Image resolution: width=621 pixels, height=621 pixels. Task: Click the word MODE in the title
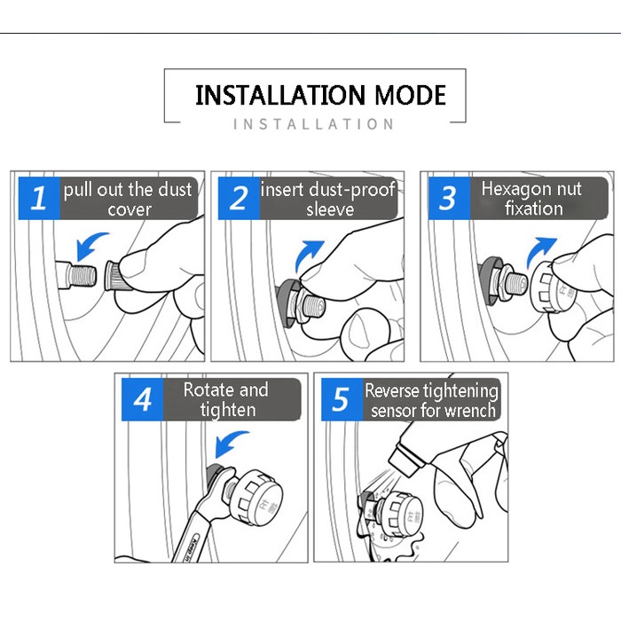pos(410,95)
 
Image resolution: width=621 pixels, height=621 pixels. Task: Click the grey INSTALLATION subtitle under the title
pos(313,124)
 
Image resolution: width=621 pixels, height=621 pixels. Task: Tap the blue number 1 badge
pos(39,198)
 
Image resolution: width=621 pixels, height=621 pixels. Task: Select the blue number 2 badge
pos(239,198)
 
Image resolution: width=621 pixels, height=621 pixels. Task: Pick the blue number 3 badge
pos(449,198)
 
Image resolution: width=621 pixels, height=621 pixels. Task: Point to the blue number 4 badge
pos(142,399)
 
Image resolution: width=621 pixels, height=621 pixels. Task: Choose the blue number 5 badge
pos(342,399)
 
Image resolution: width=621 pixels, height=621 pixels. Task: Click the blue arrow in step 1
pos(90,244)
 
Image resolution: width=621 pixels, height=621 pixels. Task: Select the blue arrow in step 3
pos(538,250)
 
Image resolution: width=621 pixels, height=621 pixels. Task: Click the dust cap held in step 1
pos(114,276)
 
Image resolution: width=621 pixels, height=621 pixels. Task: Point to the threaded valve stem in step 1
pos(83,275)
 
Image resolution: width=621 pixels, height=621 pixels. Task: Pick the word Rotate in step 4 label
pos(207,389)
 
